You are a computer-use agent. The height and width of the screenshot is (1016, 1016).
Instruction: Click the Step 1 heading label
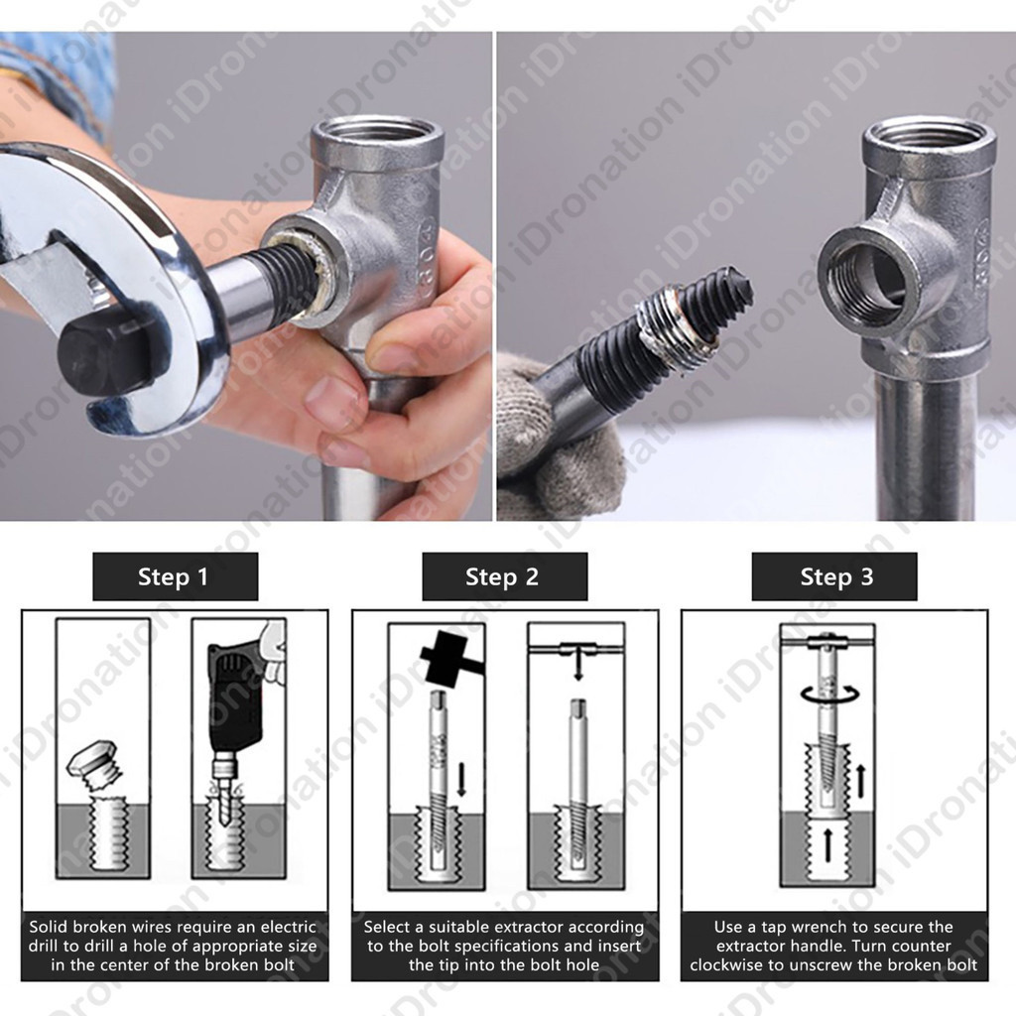(x=175, y=576)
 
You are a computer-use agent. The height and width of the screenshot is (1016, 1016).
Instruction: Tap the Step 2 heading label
(x=504, y=576)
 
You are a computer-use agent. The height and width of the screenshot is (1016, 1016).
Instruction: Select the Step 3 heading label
(x=834, y=576)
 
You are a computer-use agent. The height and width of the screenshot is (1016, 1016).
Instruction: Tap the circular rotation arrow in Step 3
(x=830, y=695)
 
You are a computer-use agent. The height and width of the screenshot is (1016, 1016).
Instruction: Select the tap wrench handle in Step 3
(x=828, y=642)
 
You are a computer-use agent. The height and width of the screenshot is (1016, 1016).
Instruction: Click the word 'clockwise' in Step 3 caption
(x=727, y=964)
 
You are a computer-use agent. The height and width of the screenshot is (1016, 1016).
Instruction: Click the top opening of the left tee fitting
(x=377, y=134)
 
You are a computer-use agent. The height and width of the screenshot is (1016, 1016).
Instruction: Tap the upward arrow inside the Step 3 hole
(x=827, y=845)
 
